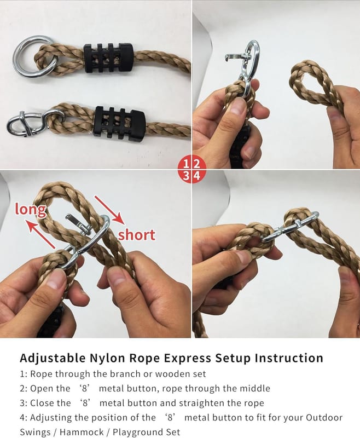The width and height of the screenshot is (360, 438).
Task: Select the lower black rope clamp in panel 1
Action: (120, 122)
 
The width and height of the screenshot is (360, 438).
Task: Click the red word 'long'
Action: (31, 210)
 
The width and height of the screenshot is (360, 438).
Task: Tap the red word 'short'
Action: (136, 235)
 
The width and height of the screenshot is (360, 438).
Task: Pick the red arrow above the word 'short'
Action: (109, 210)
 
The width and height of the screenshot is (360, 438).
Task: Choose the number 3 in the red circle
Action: (187, 176)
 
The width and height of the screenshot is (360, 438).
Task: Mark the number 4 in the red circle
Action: (197, 176)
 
